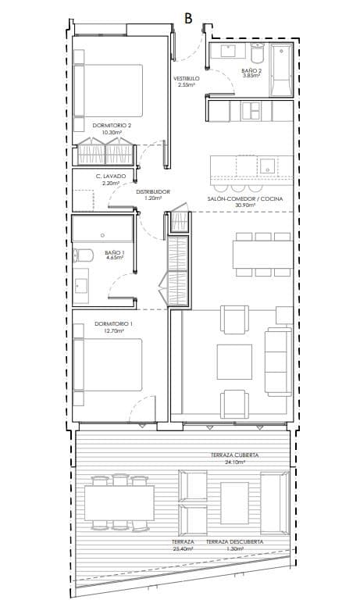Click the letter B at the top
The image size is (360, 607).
[x=188, y=18]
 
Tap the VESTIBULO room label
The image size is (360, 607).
[x=186, y=79]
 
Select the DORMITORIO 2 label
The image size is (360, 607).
[x=112, y=126]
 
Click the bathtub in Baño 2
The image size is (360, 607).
[x=280, y=70]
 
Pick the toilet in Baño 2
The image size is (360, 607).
[x=257, y=52]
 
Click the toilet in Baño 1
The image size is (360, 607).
[x=84, y=255]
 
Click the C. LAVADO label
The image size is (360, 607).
[x=111, y=177]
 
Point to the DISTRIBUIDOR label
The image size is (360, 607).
[x=153, y=191]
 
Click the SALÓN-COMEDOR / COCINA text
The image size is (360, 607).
[x=245, y=198]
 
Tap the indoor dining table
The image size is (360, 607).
[x=263, y=255]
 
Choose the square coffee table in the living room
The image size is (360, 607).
[x=234, y=362]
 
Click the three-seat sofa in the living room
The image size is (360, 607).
[x=278, y=362]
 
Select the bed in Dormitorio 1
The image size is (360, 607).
[x=108, y=365]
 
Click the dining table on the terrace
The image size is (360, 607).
[x=119, y=503]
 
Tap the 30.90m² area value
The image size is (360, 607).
[x=245, y=205]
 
